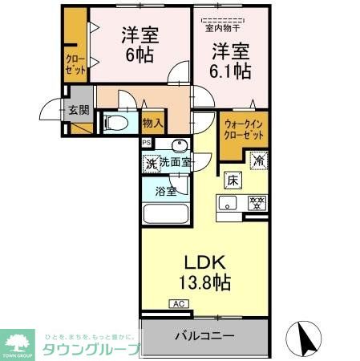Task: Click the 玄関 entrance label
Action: click(x=77, y=110)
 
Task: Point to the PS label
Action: click(x=146, y=143)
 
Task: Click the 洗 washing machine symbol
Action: click(x=151, y=163)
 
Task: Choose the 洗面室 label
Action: click(x=176, y=163)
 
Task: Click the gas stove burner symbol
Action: click(x=257, y=202)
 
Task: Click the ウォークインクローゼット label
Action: click(x=244, y=130)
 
